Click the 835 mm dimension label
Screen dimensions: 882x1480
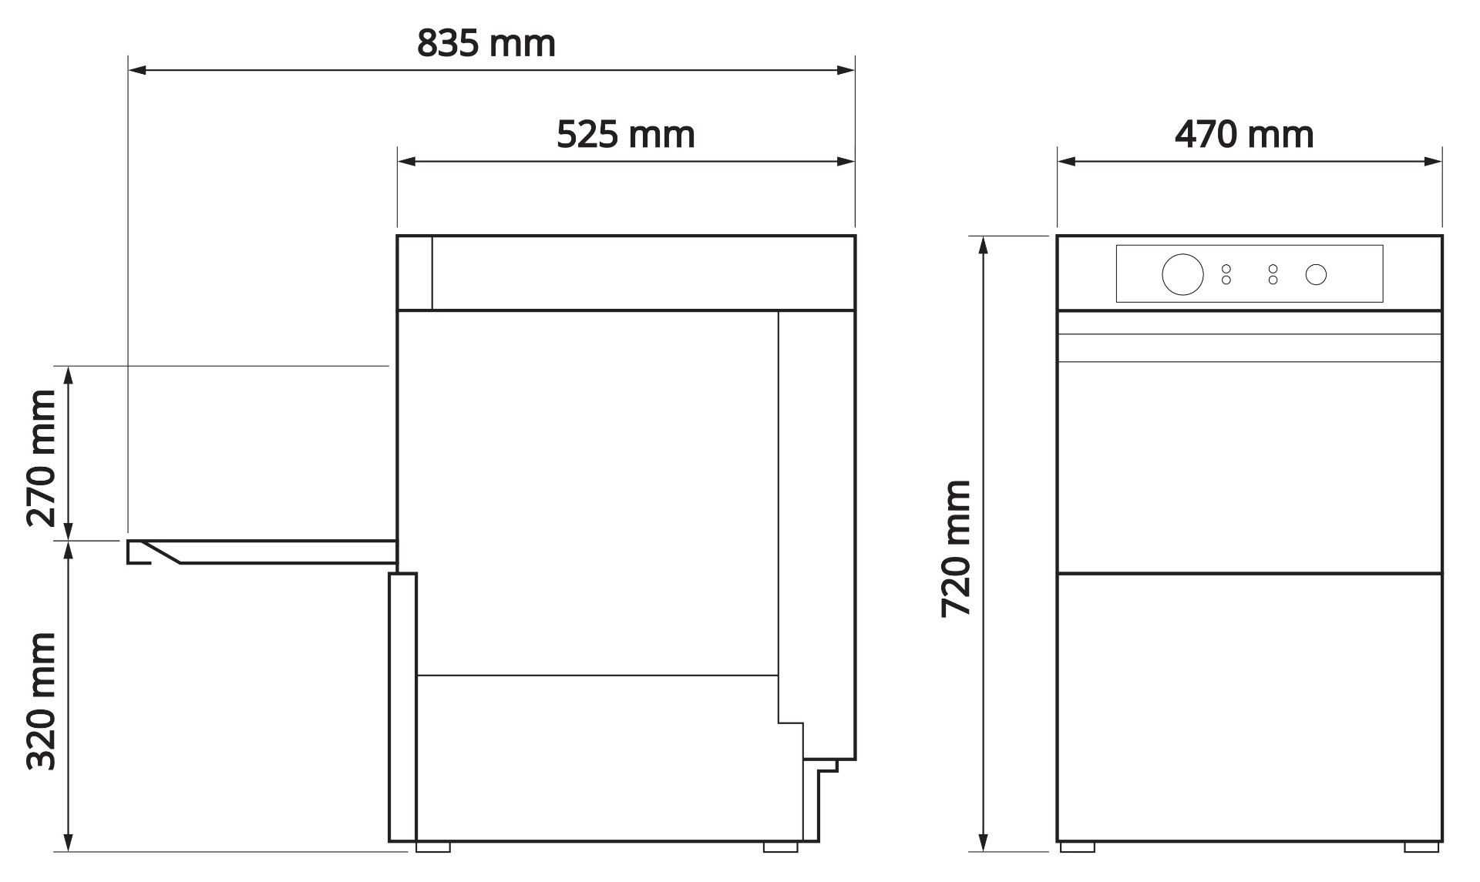pyautogui.click(x=486, y=44)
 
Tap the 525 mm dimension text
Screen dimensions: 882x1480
pyautogui.click(x=625, y=135)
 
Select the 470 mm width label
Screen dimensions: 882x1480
pyautogui.click(x=1243, y=135)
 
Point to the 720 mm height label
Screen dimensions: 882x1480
pyautogui.click(x=957, y=548)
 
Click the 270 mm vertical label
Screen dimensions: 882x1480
pyautogui.click(x=42, y=458)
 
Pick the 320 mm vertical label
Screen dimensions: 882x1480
pyautogui.click(x=42, y=700)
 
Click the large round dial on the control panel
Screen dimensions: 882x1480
pyautogui.click(x=1182, y=273)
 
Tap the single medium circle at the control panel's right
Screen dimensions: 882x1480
pyautogui.click(x=1316, y=274)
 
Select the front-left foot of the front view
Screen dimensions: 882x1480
pyautogui.click(x=1077, y=847)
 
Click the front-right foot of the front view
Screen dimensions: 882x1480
pyautogui.click(x=1421, y=847)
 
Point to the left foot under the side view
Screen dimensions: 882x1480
pyautogui.click(x=432, y=847)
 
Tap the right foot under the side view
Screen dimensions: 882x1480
pyautogui.click(x=780, y=847)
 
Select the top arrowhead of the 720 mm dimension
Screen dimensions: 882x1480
pyautogui.click(x=984, y=244)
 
